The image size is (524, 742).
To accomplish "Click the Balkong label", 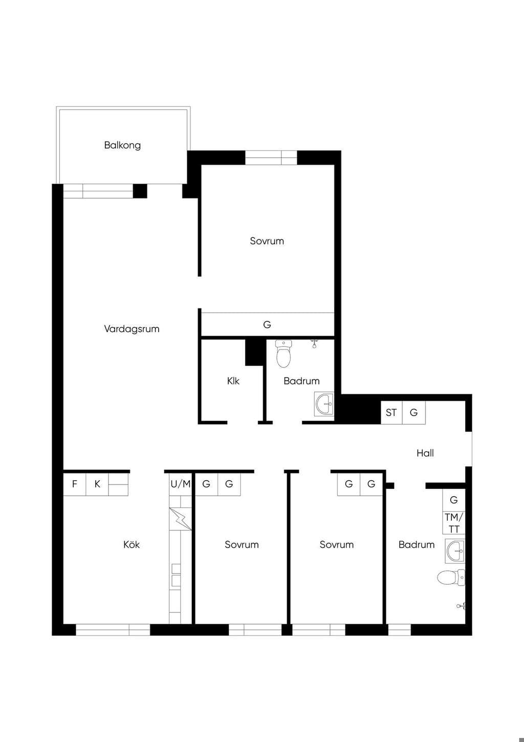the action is [122, 145].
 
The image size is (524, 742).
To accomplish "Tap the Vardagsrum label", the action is [132, 329].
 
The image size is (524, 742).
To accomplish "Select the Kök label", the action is [132, 545].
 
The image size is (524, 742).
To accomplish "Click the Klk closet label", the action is [233, 381].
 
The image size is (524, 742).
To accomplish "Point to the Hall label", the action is [425, 453].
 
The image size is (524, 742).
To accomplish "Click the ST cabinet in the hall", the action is [391, 413].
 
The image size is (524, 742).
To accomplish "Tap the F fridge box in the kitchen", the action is [74, 484].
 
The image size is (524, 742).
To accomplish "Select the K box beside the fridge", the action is [97, 484].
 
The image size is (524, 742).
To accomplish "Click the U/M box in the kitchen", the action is [180, 484].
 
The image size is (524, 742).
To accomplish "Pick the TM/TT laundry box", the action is [454, 523].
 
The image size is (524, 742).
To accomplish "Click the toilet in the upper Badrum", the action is [283, 354].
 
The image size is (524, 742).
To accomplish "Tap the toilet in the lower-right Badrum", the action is [451, 578].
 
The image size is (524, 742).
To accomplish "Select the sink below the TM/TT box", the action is [455, 551].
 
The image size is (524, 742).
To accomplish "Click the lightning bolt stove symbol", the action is [180, 519].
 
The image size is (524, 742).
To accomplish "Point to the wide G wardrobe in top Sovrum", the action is [268, 324].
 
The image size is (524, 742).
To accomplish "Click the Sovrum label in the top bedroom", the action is [267, 241].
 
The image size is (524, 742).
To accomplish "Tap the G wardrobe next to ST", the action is [414, 413].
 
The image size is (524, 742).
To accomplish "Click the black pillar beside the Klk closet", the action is [256, 353].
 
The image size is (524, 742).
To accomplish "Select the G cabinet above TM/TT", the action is [454, 500].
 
